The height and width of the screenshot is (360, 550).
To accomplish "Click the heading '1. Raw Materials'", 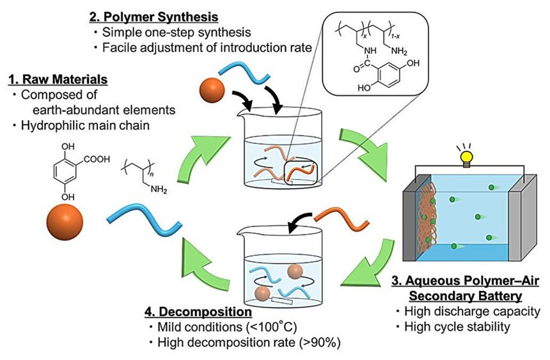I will coord(58,79).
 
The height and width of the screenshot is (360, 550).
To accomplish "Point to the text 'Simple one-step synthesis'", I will coord(169,31).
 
